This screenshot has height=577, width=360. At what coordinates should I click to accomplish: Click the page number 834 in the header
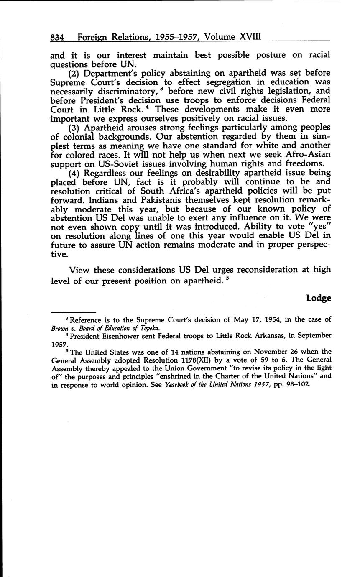(x=57, y=37)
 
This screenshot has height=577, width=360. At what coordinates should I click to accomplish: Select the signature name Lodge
(x=319, y=298)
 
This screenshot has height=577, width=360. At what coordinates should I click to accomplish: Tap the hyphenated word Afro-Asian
(x=307, y=155)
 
